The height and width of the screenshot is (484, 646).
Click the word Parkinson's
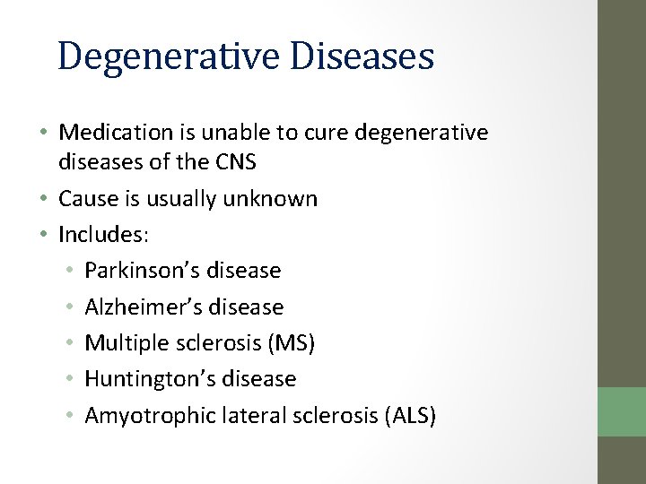pos(143,270)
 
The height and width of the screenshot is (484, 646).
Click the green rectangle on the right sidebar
pos(622,411)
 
